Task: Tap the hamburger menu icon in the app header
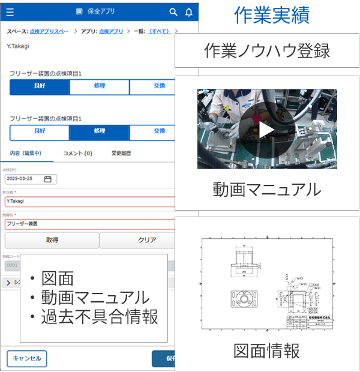(x=10, y=11)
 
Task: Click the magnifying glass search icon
(x=173, y=11)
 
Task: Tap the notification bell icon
(x=189, y=11)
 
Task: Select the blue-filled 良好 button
(x=40, y=86)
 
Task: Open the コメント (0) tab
(x=77, y=154)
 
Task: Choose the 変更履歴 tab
(x=121, y=154)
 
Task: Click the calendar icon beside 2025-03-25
(x=48, y=179)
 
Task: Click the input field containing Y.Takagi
(x=90, y=202)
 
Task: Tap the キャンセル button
(x=27, y=358)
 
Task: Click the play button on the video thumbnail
(x=266, y=129)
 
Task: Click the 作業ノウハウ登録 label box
(x=267, y=51)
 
